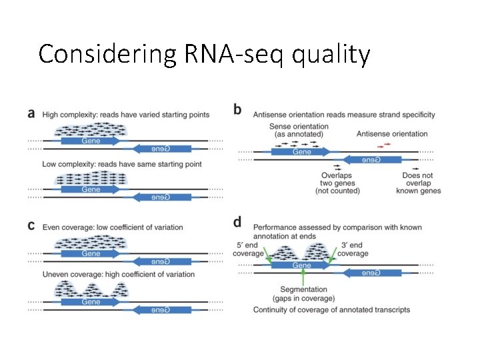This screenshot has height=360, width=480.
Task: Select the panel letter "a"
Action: pyautogui.click(x=32, y=113)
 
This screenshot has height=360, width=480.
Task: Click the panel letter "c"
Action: pyautogui.click(x=31, y=226)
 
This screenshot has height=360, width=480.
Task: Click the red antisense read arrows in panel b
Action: pyautogui.click(x=382, y=144)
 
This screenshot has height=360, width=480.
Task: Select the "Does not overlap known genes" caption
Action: pyautogui.click(x=421, y=183)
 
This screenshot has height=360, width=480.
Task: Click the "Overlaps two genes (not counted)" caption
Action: pyautogui.click(x=337, y=183)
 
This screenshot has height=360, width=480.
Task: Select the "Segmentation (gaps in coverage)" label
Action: pyautogui.click(x=303, y=293)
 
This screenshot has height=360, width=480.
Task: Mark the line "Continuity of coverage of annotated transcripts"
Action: pyautogui.click(x=331, y=310)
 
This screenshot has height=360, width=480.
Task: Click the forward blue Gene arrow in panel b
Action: pyautogui.click(x=303, y=152)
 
